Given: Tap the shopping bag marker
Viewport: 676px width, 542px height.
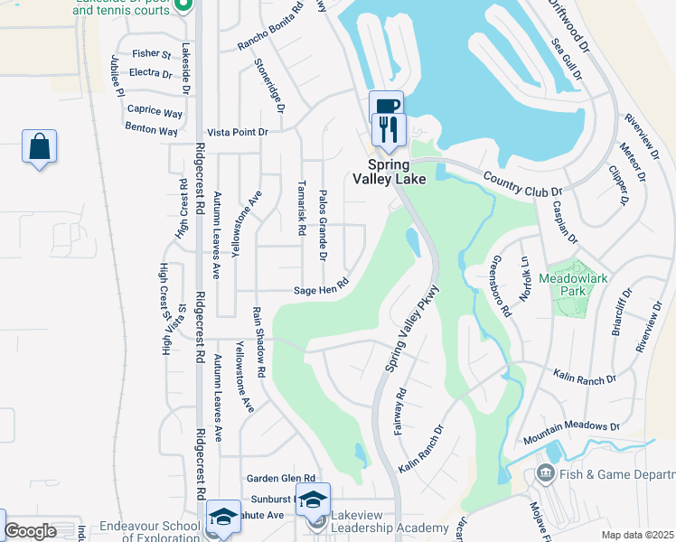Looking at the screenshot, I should click(x=40, y=146).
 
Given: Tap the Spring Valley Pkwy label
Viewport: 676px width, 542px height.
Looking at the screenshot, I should click(x=412, y=328).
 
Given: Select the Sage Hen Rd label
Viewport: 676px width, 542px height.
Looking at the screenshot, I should click(x=321, y=290).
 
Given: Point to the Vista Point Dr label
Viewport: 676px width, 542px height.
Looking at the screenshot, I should click(x=239, y=132).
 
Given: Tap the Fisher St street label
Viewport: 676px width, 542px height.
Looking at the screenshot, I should click(x=151, y=54).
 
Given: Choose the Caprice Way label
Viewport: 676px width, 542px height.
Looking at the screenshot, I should click(x=155, y=111).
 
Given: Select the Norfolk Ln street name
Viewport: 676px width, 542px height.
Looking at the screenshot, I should click(x=523, y=277).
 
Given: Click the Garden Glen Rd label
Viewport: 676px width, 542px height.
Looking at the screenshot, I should click(x=280, y=478).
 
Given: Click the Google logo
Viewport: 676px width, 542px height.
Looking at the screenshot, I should click(x=30, y=532).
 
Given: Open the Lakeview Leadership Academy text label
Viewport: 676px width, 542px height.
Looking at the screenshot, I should click(x=390, y=528).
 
